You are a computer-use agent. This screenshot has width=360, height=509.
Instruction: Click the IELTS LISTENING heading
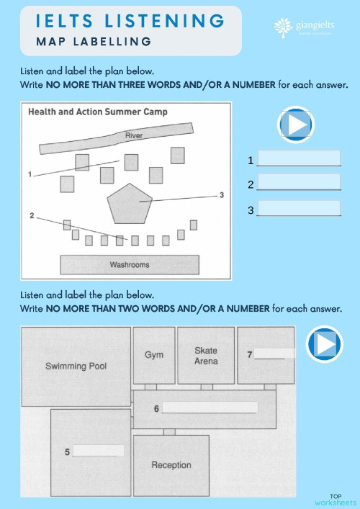coord(130,20)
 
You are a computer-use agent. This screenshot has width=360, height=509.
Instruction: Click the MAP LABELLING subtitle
coord(94,42)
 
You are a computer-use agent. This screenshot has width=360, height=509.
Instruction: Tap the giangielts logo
coord(307,27)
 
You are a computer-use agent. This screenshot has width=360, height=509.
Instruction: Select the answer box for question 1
coord(298,158)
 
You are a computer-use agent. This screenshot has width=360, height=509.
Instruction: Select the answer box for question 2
coord(298,183)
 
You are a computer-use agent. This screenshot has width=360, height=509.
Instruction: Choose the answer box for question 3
coord(298,209)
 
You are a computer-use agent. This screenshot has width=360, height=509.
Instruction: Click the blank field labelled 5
coord(99,451)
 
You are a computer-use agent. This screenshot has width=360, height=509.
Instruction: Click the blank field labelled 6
coord(210,407)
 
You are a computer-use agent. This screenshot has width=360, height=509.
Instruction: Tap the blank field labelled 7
coord(274,353)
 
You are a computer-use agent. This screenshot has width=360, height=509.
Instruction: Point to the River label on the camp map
coord(133,136)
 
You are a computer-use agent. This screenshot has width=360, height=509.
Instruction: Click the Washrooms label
coord(130,265)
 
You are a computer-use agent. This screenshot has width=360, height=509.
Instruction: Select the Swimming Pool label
coord(76,366)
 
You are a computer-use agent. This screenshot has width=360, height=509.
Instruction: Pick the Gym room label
coord(153,355)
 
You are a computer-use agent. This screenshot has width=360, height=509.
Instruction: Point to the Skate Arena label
coord(206,355)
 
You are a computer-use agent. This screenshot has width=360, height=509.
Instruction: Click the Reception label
coord(171,465)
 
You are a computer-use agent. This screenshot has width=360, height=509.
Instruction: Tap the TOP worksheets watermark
coord(335,499)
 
